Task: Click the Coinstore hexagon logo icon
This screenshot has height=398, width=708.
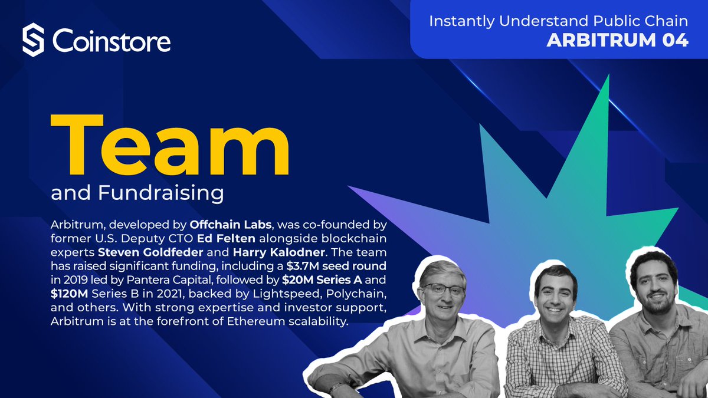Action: point(34,41)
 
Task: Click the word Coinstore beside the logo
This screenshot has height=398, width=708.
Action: point(112,41)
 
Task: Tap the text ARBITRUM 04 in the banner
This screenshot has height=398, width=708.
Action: point(617,41)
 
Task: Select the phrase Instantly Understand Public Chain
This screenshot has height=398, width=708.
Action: point(558,21)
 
